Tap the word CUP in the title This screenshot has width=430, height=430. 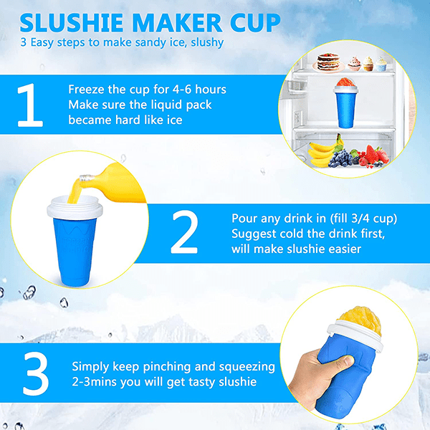[254, 22]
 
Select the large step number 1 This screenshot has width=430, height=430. [30, 105]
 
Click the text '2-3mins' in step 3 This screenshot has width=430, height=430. [94, 382]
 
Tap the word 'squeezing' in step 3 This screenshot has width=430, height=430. [246, 366]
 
